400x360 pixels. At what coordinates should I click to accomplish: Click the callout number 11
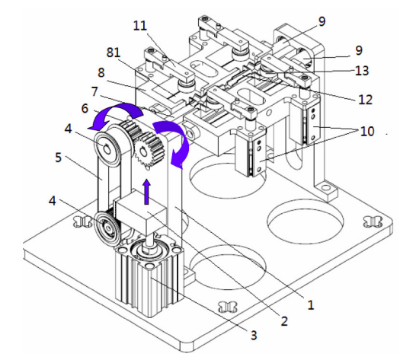point(140,26)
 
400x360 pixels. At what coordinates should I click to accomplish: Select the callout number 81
point(114,53)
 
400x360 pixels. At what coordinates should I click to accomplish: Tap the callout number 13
point(362,71)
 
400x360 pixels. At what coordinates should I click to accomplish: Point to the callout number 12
point(365,99)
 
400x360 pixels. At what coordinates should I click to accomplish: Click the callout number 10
point(367,131)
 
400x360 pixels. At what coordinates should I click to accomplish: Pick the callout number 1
point(310,304)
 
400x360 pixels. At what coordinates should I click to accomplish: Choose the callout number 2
point(284,320)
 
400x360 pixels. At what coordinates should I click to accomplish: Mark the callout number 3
point(253,335)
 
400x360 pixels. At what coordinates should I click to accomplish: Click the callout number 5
point(59,158)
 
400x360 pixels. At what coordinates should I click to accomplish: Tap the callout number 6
point(85,109)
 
